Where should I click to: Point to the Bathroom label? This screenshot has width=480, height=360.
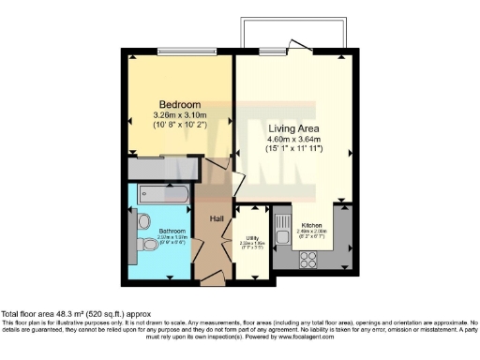point(172,230)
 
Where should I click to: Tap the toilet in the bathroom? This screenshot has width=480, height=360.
point(151,246)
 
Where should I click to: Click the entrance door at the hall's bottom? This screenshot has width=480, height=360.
point(211,278)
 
